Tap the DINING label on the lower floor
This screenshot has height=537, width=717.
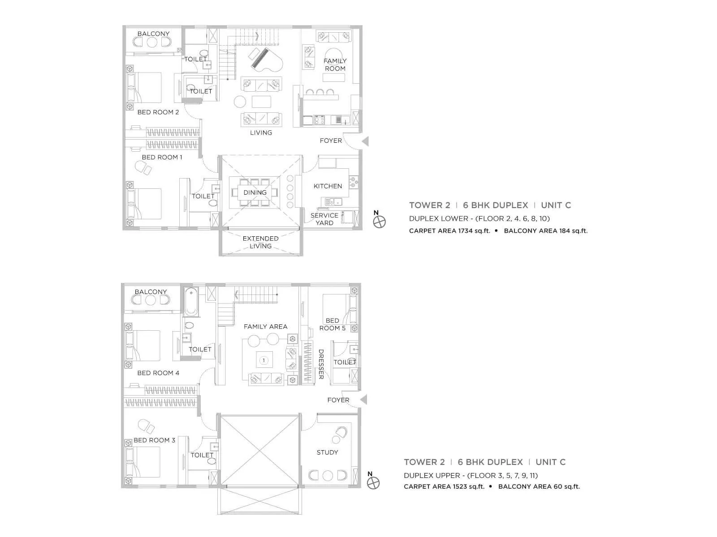(255, 192)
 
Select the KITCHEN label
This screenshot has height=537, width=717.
(328, 186)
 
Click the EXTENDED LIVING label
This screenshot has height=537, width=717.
(260, 242)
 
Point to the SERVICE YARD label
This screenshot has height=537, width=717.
(324, 219)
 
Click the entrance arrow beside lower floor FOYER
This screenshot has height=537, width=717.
(366, 141)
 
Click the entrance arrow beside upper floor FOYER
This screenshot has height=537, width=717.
(364, 399)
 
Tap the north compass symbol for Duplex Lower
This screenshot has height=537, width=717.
(379, 222)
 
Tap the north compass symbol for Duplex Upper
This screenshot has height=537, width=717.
(373, 482)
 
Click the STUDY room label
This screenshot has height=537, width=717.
(327, 452)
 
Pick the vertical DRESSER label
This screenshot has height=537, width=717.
(321, 364)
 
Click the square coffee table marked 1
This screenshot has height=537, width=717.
(264, 360)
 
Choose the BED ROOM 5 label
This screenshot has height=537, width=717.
(332, 324)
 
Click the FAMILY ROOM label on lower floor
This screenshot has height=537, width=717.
(335, 64)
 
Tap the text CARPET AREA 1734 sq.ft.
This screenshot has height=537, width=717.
(449, 231)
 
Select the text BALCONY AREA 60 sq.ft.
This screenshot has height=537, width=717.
(539, 486)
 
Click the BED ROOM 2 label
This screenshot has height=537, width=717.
(158, 112)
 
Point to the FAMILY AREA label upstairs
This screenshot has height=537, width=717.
(265, 327)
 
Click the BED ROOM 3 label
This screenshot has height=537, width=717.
(154, 440)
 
